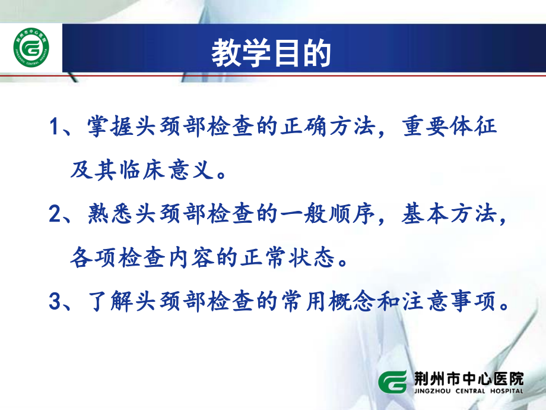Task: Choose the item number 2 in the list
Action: pyautogui.click(x=55, y=215)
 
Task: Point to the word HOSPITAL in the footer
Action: pyautogui.click(x=502, y=390)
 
